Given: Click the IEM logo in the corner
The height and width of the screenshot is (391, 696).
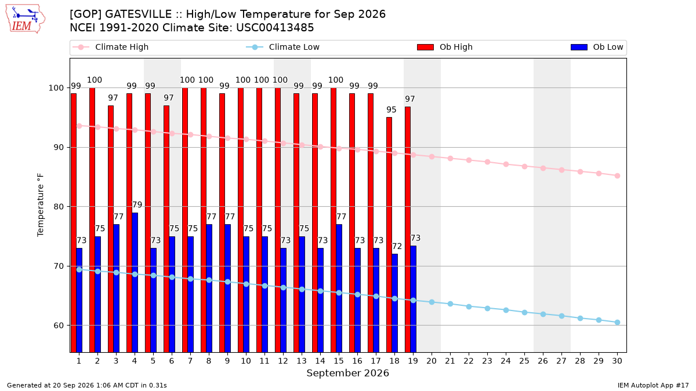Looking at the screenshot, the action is click(x=26, y=19).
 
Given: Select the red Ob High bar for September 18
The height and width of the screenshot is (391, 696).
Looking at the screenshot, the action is click(x=389, y=235).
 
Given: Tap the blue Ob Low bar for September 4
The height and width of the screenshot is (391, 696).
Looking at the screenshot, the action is click(x=135, y=283).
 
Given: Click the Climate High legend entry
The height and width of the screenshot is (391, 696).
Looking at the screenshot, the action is click(x=111, y=47).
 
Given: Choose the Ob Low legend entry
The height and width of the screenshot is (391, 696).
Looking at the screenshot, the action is click(x=597, y=47).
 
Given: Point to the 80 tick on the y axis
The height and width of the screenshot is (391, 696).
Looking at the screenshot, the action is click(x=56, y=207).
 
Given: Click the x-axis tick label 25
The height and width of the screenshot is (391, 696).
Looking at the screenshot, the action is click(x=524, y=361).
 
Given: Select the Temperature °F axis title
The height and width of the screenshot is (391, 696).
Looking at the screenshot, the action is click(x=41, y=205).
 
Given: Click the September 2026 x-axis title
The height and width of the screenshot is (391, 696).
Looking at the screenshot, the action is click(x=347, y=373).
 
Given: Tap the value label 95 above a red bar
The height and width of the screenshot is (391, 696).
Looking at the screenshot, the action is click(x=391, y=109).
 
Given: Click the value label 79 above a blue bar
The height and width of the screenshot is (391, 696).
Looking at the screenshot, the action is click(x=137, y=205).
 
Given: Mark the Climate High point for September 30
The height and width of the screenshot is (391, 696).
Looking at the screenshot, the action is click(x=617, y=176).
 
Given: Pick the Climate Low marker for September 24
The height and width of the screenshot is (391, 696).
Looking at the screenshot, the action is click(x=506, y=310).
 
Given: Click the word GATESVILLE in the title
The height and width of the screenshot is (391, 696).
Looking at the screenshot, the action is click(x=138, y=14).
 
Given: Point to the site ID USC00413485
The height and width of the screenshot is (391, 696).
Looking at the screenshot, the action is click(x=275, y=28).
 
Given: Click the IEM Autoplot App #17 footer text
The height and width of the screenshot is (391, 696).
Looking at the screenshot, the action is click(x=653, y=385).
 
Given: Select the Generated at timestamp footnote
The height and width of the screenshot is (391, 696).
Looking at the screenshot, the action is click(x=86, y=385).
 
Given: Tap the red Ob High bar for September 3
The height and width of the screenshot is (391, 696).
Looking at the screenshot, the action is click(x=111, y=229).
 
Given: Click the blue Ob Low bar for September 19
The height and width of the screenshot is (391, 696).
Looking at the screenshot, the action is click(x=413, y=299).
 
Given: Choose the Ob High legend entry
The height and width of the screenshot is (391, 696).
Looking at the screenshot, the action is click(x=445, y=47).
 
